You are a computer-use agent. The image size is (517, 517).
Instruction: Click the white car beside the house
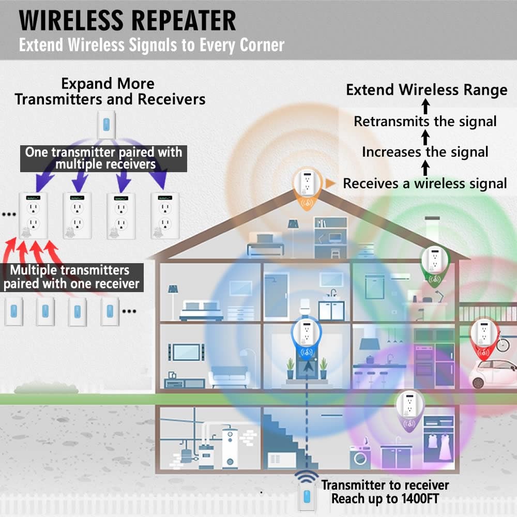click(494, 372)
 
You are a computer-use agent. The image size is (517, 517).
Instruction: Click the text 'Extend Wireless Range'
click(427, 90)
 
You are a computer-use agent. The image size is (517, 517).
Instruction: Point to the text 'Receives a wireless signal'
click(425, 183)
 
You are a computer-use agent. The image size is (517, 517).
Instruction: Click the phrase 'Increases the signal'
click(425, 152)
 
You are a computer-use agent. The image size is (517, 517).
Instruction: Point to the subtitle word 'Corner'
click(262, 45)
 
